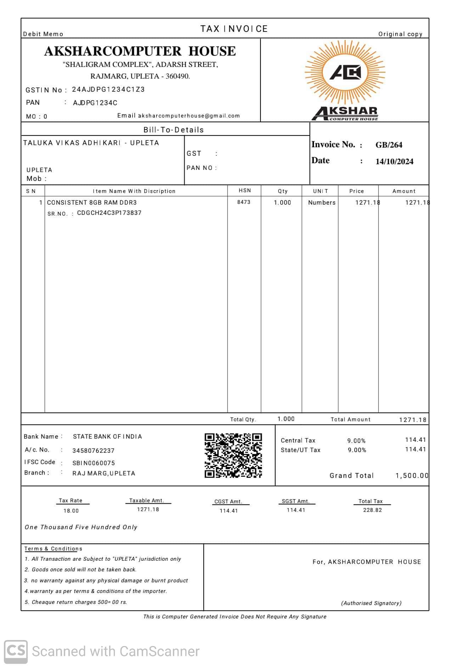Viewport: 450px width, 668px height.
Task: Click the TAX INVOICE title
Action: (234, 29)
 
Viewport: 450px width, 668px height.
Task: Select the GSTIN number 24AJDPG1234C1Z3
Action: (108, 90)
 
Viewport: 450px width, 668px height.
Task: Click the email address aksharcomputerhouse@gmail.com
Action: (189, 116)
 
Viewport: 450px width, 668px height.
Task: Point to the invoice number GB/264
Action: (389, 145)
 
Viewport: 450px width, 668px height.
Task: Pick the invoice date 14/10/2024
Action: (394, 161)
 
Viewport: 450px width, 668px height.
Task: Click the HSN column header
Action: (244, 190)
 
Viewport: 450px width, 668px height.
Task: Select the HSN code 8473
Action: (244, 202)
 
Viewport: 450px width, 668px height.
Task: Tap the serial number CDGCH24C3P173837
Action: (109, 213)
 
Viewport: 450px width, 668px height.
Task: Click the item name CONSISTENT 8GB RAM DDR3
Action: (92, 202)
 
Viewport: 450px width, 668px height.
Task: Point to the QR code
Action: (233, 455)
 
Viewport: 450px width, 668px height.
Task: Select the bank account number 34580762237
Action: (93, 451)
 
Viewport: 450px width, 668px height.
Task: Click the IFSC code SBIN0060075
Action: (94, 463)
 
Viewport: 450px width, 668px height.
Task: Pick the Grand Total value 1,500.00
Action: (412, 475)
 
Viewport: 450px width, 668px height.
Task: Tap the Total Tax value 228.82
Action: (372, 510)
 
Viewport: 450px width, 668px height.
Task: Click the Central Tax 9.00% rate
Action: (356, 441)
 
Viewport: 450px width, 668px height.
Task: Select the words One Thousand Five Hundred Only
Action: (81, 527)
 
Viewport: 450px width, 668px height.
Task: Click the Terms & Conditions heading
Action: (53, 549)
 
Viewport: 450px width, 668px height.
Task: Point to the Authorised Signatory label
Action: (371, 603)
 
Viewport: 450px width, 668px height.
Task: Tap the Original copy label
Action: (400, 34)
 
